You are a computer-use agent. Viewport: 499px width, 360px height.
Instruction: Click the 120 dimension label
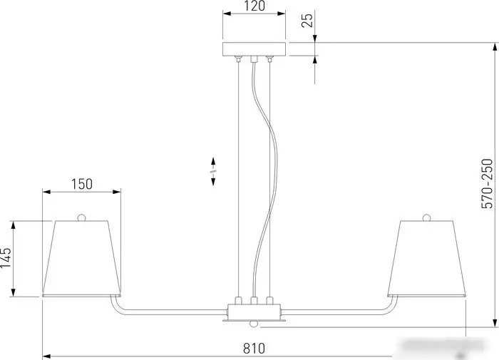tap(254, 6)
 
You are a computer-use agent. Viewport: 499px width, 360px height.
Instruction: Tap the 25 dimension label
tap(307, 20)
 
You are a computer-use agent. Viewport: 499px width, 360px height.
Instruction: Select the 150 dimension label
tap(81, 185)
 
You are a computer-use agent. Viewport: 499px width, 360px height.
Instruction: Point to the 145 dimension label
tap(6, 258)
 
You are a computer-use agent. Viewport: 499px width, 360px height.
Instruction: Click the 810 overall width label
tap(254, 349)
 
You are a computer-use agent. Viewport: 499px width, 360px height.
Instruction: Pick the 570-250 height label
tap(487, 184)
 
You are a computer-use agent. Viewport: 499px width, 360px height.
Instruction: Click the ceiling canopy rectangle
tap(254, 49)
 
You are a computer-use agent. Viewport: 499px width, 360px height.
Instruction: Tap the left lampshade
tap(82, 258)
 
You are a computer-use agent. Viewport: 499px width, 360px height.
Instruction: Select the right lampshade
tap(427, 258)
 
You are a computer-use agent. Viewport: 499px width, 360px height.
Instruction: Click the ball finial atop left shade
tap(82, 217)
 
